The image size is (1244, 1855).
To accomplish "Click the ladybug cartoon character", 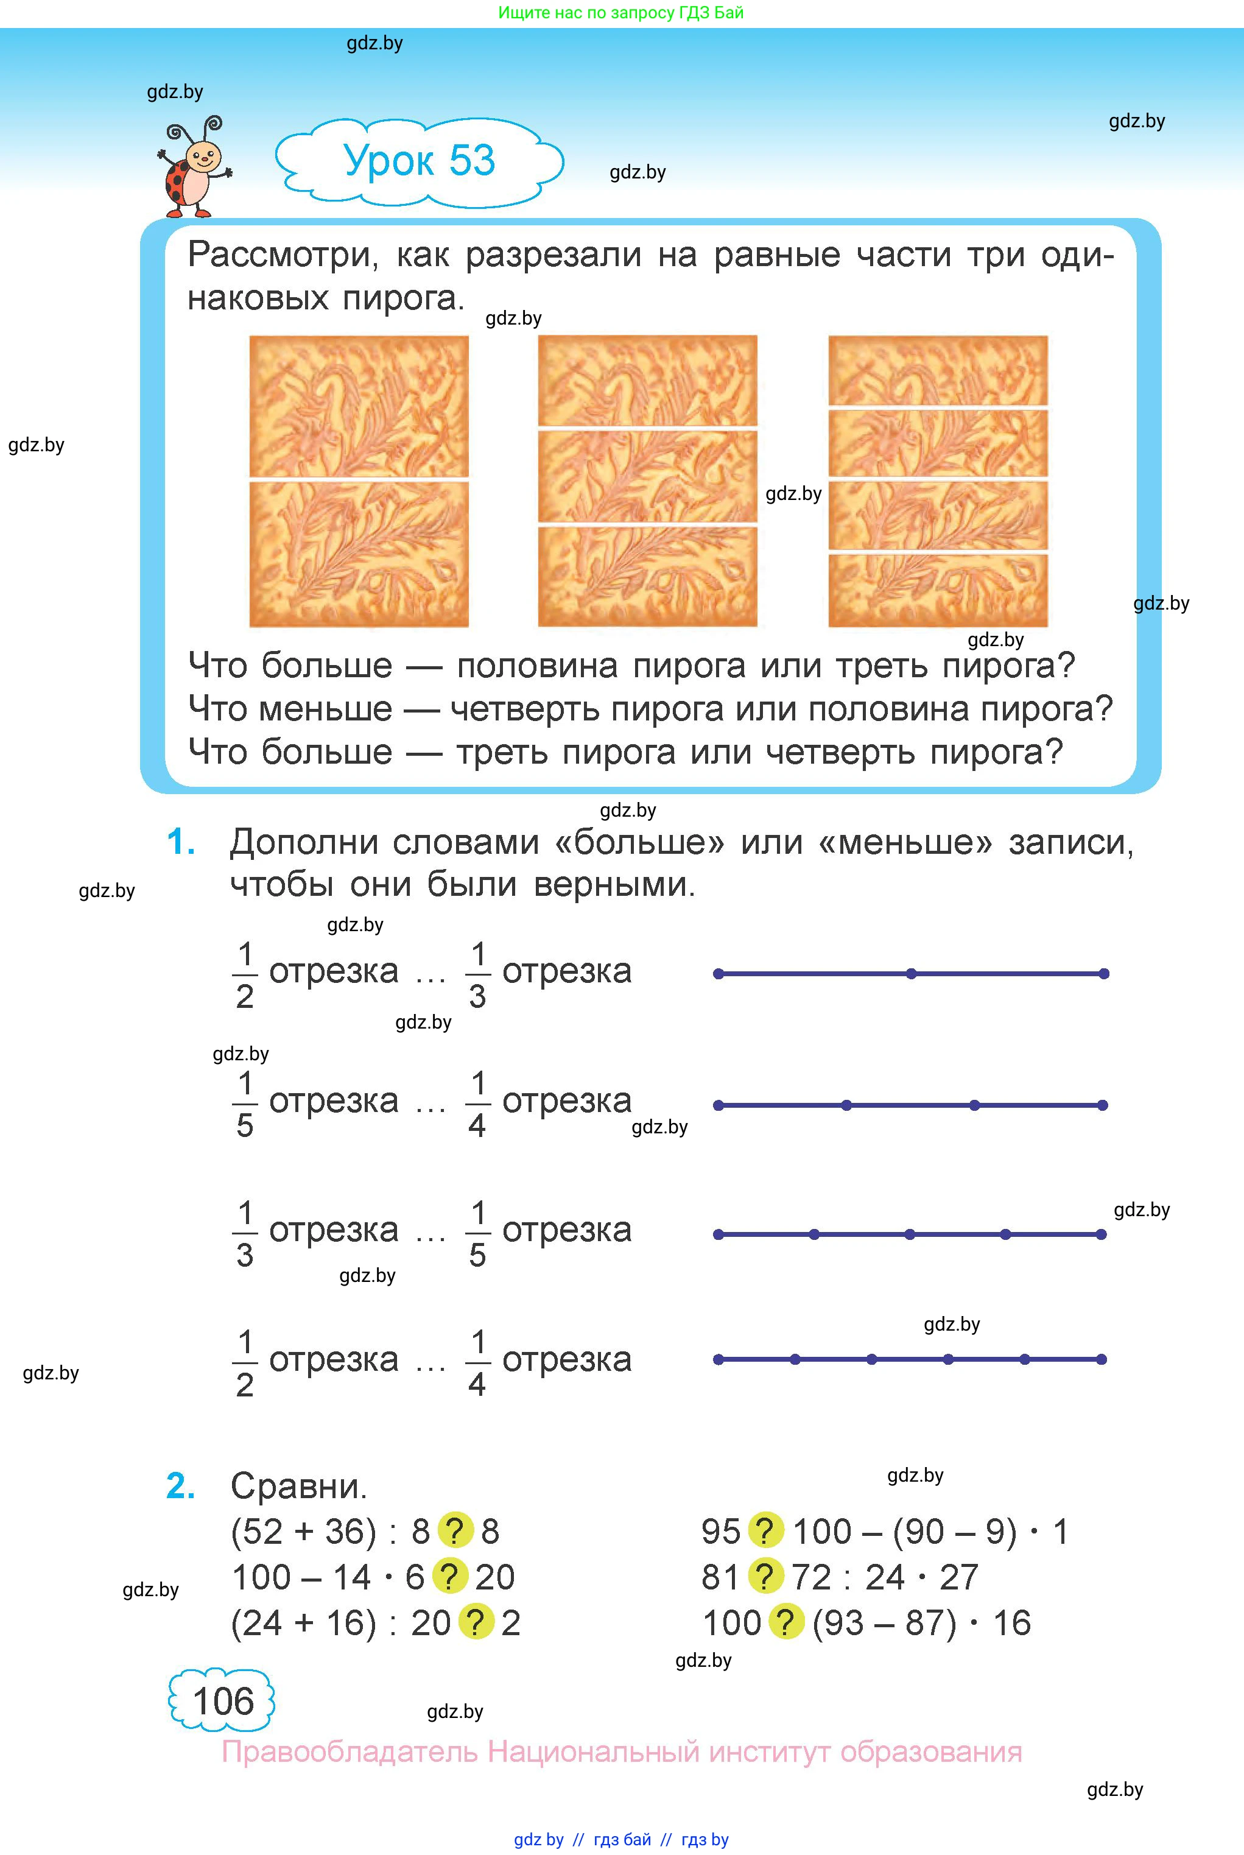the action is [x=194, y=167].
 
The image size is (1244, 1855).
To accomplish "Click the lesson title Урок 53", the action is [x=420, y=160].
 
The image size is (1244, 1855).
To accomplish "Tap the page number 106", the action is [x=223, y=1701].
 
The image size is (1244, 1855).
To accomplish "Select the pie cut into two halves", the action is [x=359, y=481].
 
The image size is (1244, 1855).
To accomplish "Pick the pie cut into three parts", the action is [x=647, y=481].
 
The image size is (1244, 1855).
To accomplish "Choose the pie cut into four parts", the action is [x=938, y=481].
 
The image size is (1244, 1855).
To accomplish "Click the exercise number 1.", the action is [x=181, y=842].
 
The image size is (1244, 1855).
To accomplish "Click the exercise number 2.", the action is [x=181, y=1485].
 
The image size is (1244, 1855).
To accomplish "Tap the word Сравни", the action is [x=299, y=1486].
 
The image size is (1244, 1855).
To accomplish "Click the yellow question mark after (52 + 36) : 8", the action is [x=455, y=1531].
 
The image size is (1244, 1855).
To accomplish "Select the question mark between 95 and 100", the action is [x=765, y=1531].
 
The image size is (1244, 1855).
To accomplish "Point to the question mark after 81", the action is [x=765, y=1577].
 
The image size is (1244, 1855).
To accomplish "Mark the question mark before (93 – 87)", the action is [x=785, y=1622].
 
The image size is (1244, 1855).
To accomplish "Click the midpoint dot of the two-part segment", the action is [x=911, y=974].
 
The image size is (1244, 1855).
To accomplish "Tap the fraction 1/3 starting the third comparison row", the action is [x=245, y=1234].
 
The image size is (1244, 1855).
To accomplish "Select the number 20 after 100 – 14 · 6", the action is [x=495, y=1577].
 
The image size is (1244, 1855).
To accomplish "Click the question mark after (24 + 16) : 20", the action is [x=477, y=1622].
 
